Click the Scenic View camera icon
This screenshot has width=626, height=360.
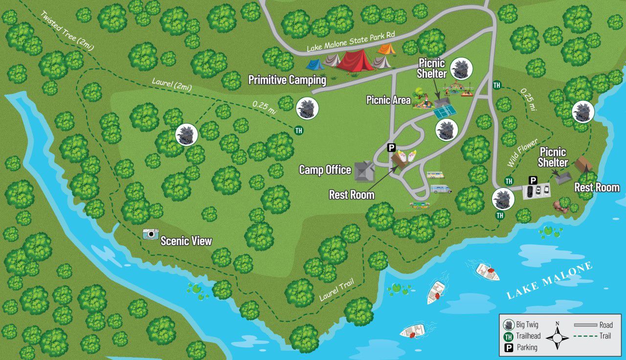point(151,234)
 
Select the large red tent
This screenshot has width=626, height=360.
point(356,62)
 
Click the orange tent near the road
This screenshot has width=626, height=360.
point(386,48)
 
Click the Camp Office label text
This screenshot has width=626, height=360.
point(325,170)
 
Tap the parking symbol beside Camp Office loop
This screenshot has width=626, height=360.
point(391,147)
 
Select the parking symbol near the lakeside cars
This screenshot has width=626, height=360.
point(533,180)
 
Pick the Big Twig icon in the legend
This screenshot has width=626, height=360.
point(509,325)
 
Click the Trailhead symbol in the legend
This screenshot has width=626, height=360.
point(509,336)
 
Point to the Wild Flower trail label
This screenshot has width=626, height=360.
point(518,152)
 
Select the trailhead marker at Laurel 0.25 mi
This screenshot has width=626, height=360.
point(298,130)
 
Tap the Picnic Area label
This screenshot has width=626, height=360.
point(388,100)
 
